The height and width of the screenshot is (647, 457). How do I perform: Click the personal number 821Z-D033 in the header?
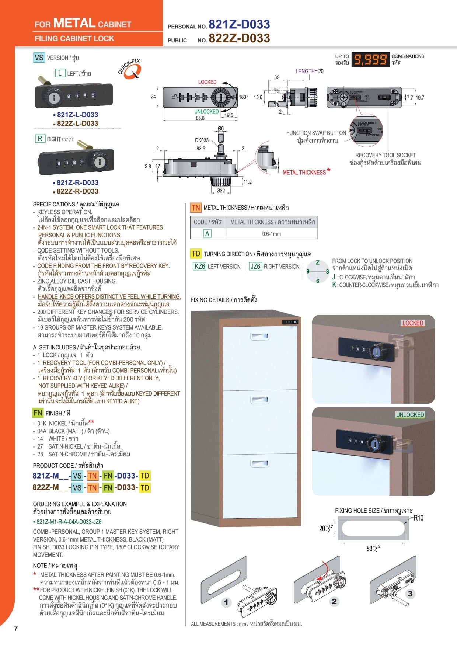(239, 24)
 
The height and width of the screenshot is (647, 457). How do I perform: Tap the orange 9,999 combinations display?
(370, 59)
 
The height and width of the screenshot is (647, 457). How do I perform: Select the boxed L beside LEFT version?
(60, 73)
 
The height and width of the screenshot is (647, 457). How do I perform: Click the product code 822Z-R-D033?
(77, 191)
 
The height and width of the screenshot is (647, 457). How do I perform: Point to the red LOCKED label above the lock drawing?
(207, 82)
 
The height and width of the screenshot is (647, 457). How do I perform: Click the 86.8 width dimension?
(200, 118)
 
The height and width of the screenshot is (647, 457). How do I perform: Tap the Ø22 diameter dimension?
(220, 191)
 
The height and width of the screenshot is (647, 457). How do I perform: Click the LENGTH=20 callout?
(309, 71)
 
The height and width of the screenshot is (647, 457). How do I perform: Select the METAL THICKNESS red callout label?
(304, 172)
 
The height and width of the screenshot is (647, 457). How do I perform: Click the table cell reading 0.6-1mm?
(272, 234)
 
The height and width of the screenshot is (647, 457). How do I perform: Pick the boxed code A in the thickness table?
(207, 233)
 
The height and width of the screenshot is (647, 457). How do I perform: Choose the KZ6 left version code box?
(200, 266)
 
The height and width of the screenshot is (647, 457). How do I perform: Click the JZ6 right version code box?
(255, 266)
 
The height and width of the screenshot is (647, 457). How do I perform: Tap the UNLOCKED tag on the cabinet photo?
(410, 415)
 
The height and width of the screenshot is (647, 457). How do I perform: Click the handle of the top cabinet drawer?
(260, 336)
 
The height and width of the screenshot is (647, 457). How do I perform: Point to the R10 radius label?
(418, 518)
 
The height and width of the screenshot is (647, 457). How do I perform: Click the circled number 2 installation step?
(334, 601)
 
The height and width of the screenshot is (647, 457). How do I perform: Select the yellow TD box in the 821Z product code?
(145, 476)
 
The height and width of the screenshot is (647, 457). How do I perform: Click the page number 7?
(16, 628)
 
